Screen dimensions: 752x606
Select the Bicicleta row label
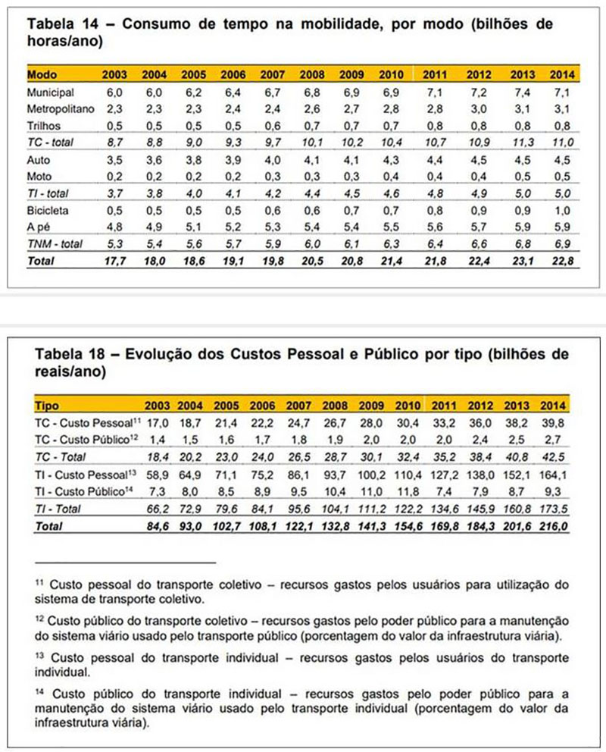click(47, 208)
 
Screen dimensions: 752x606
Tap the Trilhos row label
click(44, 125)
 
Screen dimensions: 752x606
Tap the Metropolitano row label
click(60, 108)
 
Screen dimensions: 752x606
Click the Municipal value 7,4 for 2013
click(523, 92)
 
